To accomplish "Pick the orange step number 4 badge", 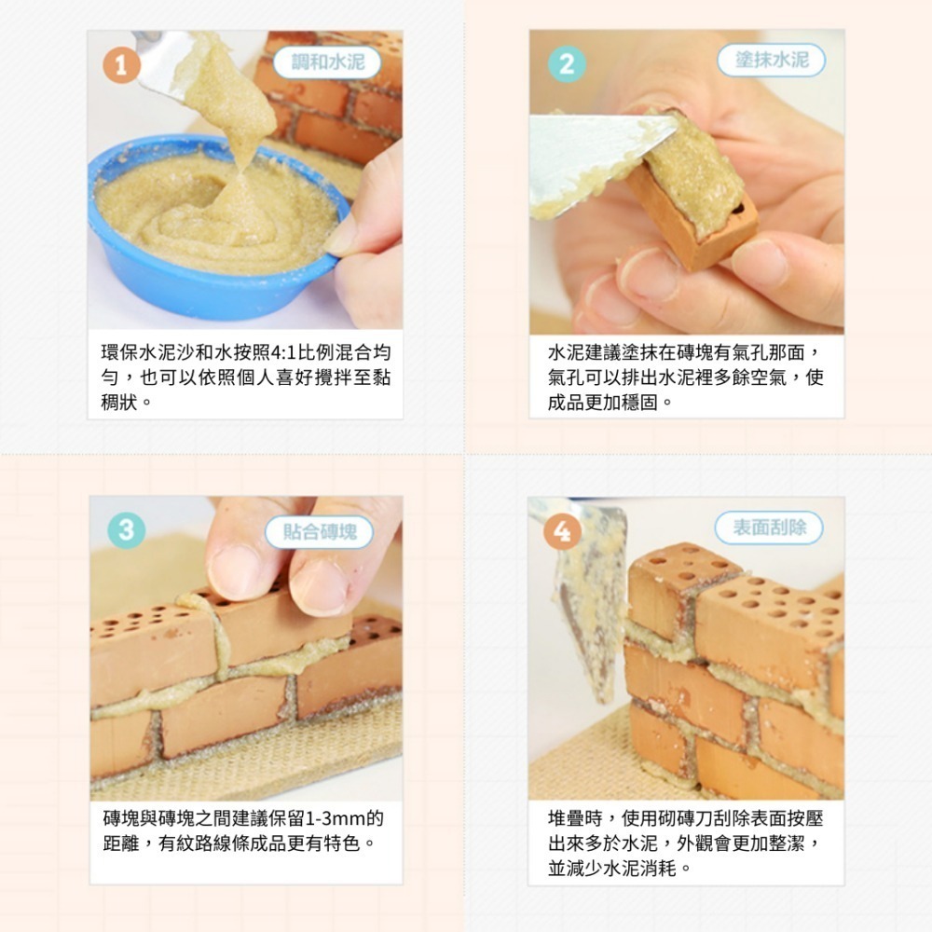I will click(x=562, y=531).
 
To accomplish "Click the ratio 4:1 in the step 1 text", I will click(x=281, y=354).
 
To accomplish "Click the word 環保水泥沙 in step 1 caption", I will click(x=139, y=354).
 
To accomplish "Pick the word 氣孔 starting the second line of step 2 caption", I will click(x=565, y=378).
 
